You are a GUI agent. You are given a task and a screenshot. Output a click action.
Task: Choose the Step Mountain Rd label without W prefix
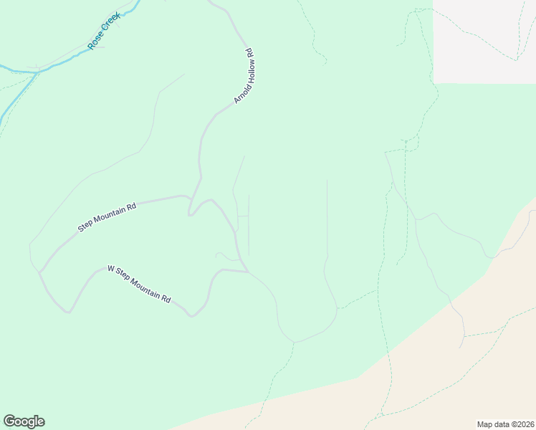click(107, 218)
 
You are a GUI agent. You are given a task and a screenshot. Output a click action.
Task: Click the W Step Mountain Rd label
click(139, 283)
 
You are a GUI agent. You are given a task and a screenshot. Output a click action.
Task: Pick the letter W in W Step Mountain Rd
click(111, 269)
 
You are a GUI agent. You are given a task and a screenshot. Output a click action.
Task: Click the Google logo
click(24, 421)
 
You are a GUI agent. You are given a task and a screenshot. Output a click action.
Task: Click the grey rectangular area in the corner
click(484, 41)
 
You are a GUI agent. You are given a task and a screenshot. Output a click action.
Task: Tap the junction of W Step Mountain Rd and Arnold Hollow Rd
click(247, 272)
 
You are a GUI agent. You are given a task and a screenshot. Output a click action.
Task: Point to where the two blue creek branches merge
click(36, 72)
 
